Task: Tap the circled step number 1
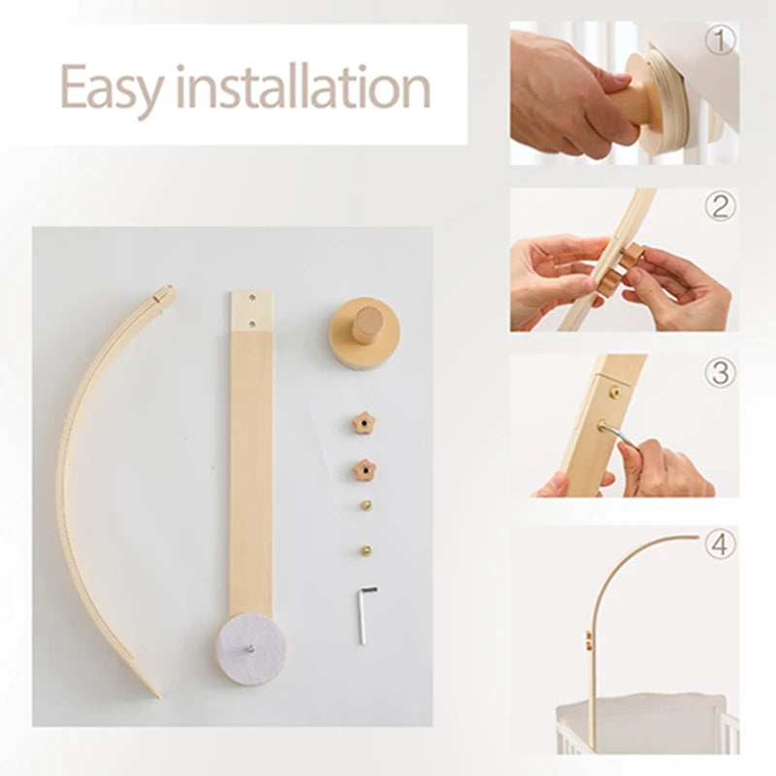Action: click(719, 40)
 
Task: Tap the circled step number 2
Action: click(719, 206)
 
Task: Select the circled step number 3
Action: click(719, 372)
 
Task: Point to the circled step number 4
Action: click(719, 544)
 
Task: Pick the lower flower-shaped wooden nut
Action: click(364, 470)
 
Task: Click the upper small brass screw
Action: click(366, 506)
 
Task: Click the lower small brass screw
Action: click(368, 549)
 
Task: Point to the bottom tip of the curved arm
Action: click(156, 693)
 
